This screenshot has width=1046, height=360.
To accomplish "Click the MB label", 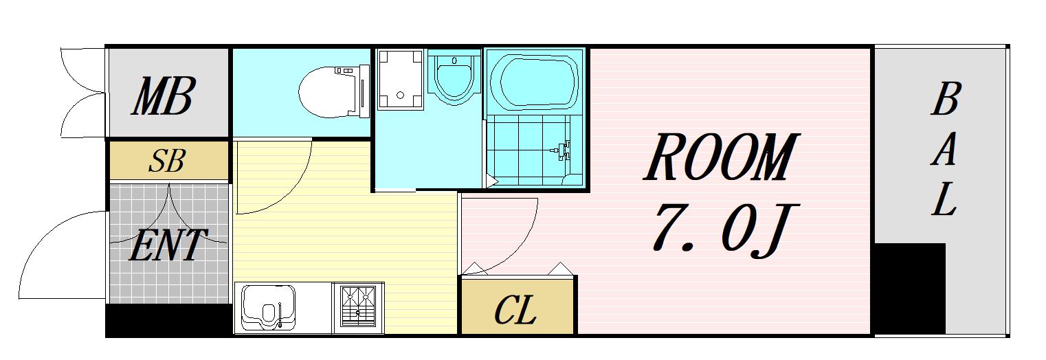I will pos(164,97).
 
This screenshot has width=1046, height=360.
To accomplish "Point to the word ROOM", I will pos(722,158).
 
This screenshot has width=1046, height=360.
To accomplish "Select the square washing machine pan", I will pos(400,79).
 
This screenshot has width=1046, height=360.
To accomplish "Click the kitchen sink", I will pos(269,306).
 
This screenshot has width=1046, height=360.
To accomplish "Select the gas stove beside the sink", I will pos(358,307).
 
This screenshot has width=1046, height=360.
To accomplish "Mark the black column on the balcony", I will pos(909,289).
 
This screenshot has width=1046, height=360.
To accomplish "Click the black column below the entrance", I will pos(168,320).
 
